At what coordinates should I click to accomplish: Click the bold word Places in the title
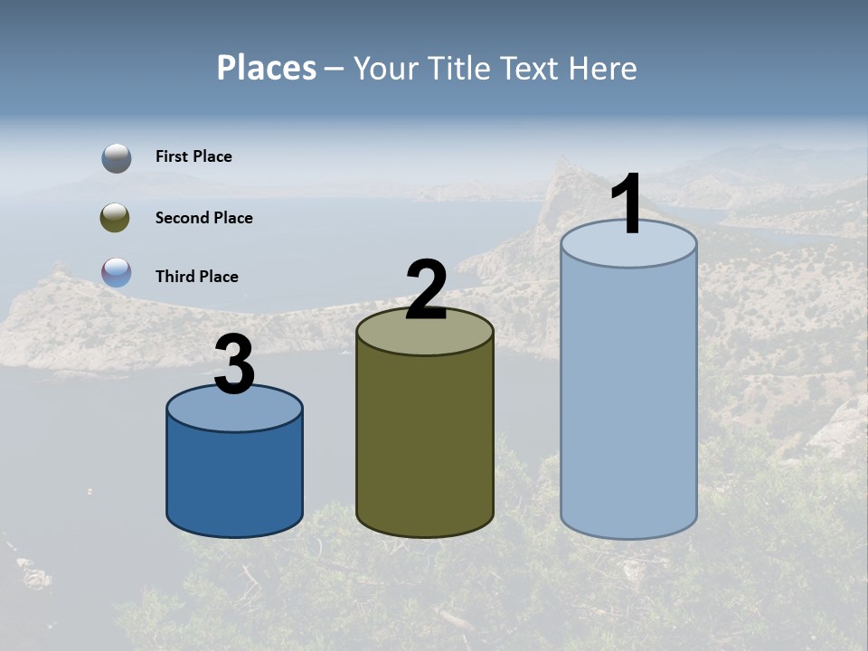click(267, 68)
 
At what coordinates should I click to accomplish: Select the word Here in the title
click(605, 68)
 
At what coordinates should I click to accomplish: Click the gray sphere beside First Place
click(117, 158)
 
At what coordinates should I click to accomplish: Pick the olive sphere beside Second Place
click(116, 218)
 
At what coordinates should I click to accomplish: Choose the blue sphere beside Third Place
click(117, 273)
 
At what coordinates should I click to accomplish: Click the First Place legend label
click(193, 156)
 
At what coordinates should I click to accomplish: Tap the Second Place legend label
click(203, 218)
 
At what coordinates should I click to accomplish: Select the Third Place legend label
click(196, 277)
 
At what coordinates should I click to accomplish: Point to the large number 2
click(426, 289)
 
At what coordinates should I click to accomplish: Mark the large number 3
click(235, 364)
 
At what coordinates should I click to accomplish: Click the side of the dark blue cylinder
click(234, 479)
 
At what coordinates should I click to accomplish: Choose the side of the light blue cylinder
click(628, 398)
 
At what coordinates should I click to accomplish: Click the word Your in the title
click(385, 68)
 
